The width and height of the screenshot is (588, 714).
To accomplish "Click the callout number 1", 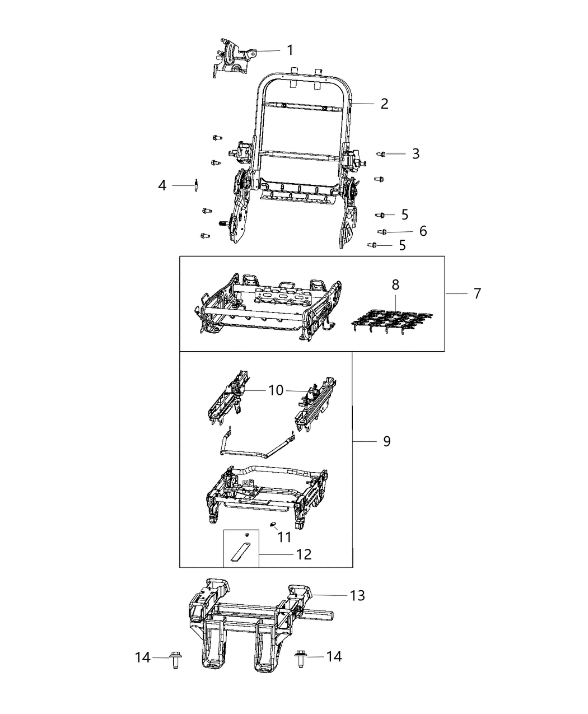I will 290,50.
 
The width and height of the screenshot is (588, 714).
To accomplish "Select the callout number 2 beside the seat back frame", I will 384,104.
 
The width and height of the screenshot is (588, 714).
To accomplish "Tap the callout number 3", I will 415,153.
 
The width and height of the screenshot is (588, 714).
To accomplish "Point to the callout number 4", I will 162,185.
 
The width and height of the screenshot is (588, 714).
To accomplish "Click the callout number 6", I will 423,231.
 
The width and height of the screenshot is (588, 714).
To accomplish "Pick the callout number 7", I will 477,293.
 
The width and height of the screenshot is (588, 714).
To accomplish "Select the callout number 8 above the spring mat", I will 395,284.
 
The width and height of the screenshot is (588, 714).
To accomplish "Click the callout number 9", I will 386,441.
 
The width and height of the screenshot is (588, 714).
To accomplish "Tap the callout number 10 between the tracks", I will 276,390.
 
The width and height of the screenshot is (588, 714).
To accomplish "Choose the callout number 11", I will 284,537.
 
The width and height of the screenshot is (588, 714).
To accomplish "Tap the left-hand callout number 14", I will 143,657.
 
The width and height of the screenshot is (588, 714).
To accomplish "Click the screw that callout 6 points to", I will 383,231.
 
